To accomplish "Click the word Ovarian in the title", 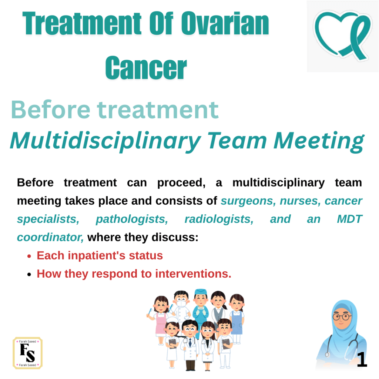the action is pos(225,23).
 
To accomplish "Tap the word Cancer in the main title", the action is pos(146,68).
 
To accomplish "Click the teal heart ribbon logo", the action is pos(343,35).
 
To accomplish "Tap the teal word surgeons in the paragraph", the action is pos(248,201).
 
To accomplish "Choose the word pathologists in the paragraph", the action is pos(132,219).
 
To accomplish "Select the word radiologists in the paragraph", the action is pos(219,219).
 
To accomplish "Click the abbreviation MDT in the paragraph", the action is pos(350,219).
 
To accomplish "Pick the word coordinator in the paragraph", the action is pos(50,237).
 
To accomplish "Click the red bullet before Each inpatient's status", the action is pos(29,256).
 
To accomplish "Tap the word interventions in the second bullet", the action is pos(193,274).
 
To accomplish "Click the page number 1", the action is pos(362,359).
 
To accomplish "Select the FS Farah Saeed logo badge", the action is pos(27,353).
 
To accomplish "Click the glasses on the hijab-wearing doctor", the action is pos(342,316).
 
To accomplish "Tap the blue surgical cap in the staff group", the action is pos(201,292).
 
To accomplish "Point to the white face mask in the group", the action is pos(181,303).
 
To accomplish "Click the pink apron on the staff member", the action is pos(161,323).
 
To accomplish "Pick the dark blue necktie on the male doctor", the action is pos(190,342).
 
